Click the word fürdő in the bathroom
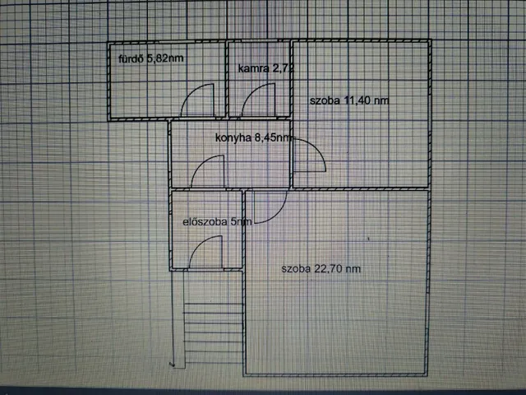131,58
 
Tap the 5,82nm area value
165,58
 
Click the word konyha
233,137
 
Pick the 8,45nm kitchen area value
273,137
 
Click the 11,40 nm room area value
367,100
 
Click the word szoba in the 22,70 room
296,269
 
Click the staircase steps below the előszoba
213,332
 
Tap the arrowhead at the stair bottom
173,365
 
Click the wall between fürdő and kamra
227,79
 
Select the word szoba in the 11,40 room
325,100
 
